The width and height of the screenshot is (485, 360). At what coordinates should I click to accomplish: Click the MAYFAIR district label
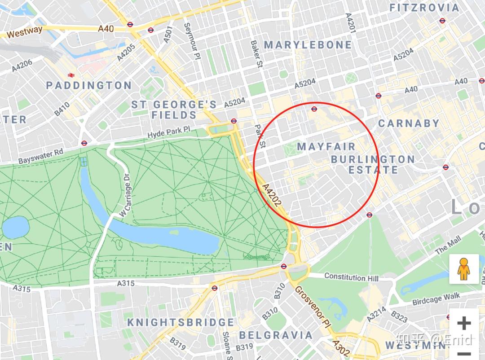tap(326, 147)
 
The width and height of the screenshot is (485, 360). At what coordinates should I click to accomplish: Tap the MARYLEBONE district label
tap(308, 45)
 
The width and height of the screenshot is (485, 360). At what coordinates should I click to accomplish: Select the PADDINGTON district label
tap(89, 85)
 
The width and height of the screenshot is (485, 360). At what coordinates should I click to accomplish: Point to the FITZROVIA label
tap(424, 8)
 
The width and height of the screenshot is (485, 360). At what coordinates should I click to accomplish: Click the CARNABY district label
tap(409, 123)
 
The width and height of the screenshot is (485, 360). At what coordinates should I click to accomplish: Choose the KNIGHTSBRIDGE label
tap(181, 322)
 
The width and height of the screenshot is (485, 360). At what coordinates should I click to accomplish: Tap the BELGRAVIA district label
tap(276, 335)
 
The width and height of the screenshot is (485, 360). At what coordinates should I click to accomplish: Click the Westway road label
tap(25, 32)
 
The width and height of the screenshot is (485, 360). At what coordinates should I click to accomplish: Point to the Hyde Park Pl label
tap(169, 132)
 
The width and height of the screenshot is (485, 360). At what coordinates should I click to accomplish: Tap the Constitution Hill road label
tap(351, 277)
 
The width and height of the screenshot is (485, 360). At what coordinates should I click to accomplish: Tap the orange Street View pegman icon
tap(464, 269)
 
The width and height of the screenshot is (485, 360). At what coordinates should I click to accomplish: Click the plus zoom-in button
tap(464, 323)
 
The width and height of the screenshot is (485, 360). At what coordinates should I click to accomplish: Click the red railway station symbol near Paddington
tap(71, 75)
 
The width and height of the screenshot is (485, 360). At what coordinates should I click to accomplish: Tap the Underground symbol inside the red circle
tap(314, 109)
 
